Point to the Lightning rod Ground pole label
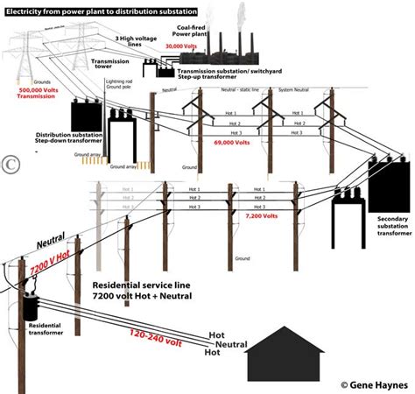click(x=119, y=84)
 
